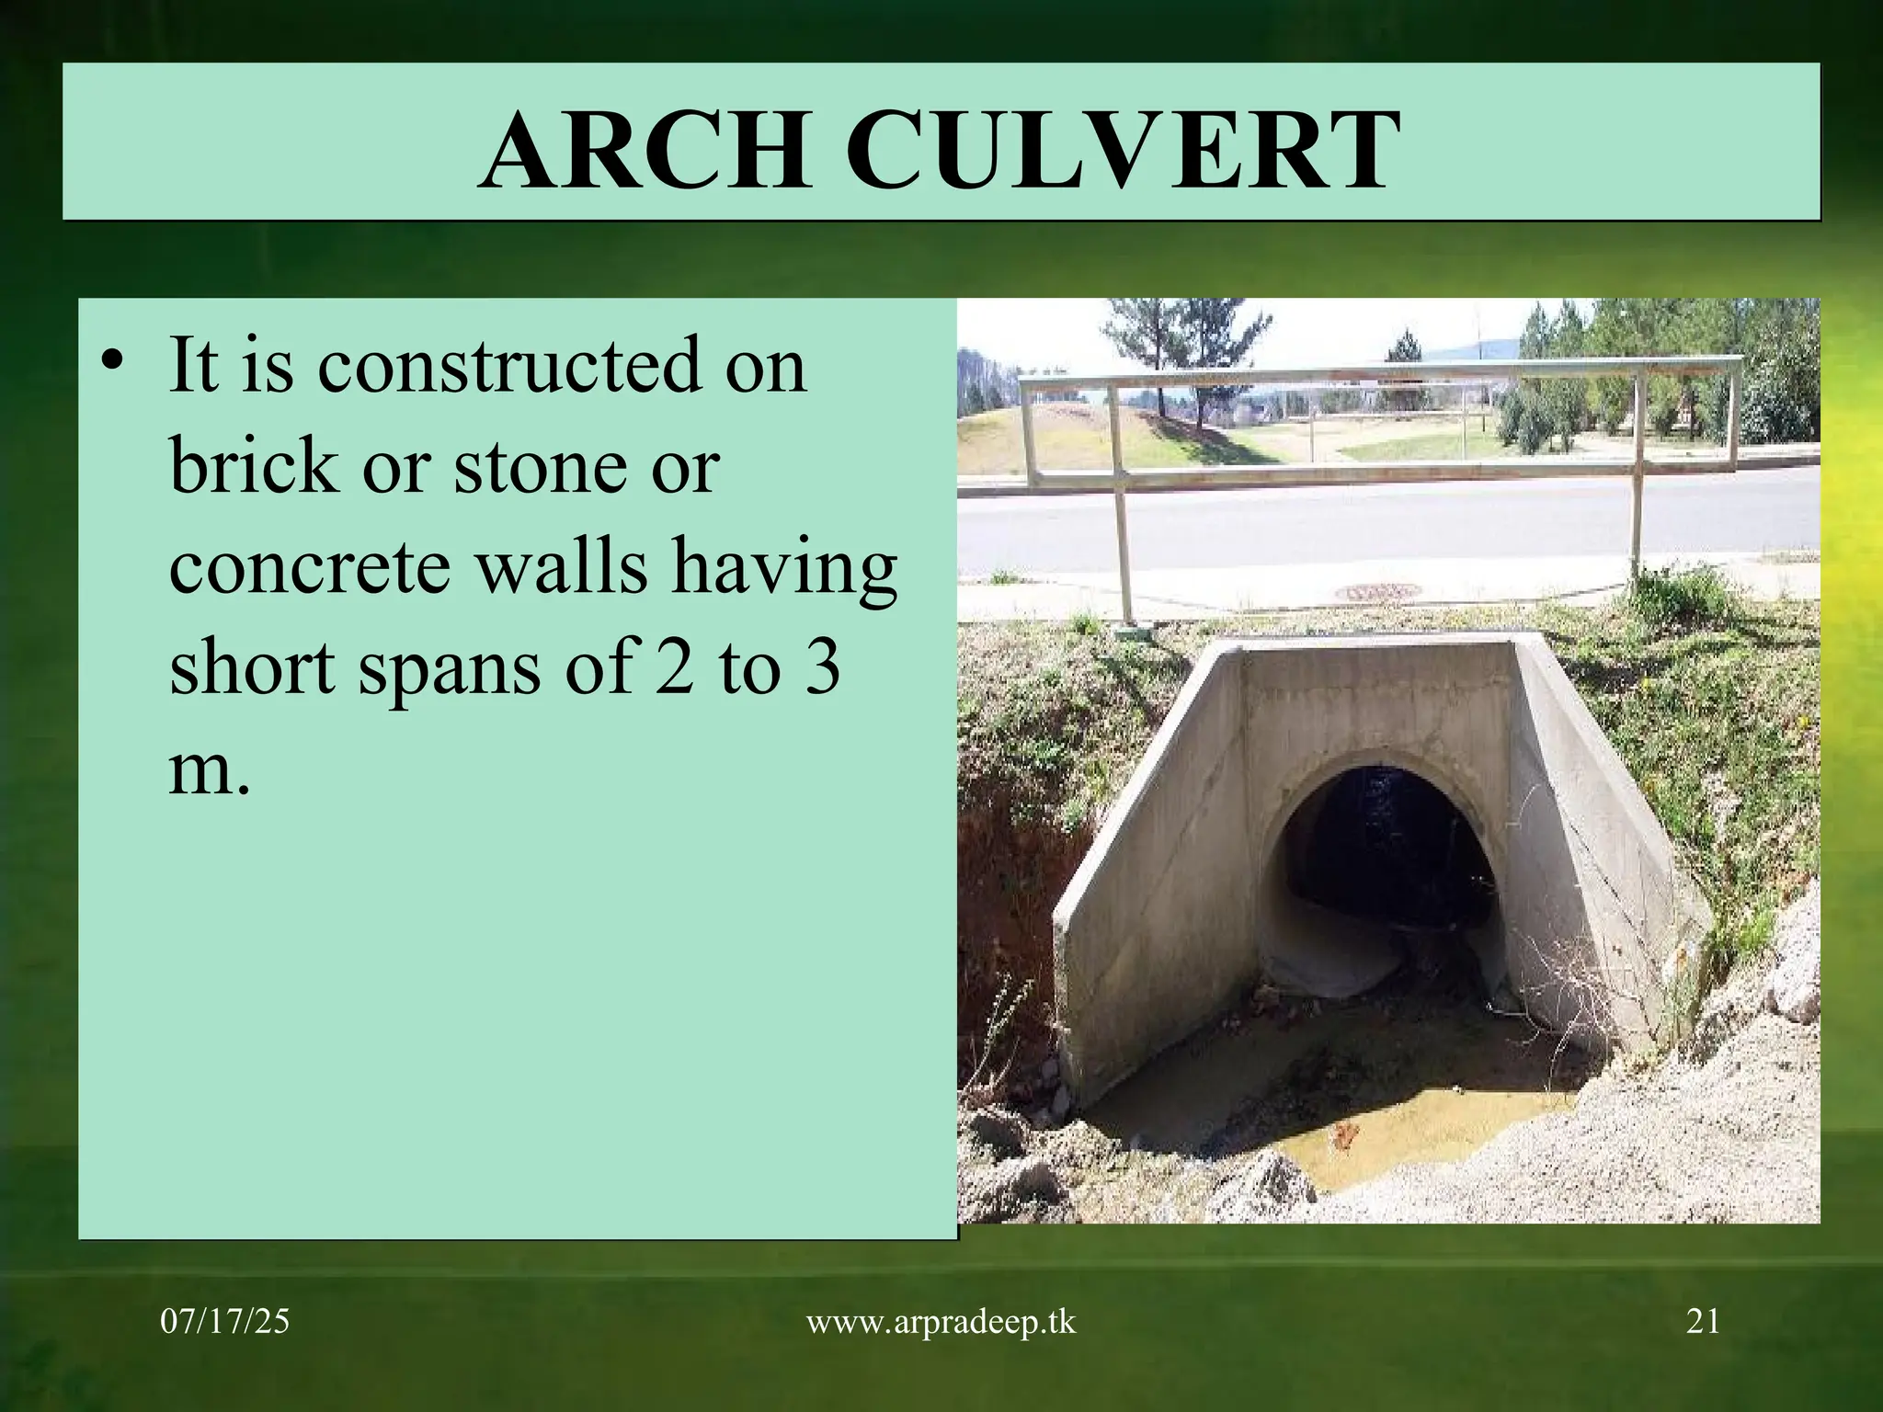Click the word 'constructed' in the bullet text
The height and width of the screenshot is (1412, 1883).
click(x=562, y=366)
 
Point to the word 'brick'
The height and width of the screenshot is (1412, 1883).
click(x=253, y=465)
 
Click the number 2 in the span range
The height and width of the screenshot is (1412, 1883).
click(x=674, y=667)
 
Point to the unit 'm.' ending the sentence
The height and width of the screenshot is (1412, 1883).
click(x=209, y=770)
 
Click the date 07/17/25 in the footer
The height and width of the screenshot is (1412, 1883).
click(x=225, y=1322)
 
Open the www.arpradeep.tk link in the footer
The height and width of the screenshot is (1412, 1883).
click(x=941, y=1322)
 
